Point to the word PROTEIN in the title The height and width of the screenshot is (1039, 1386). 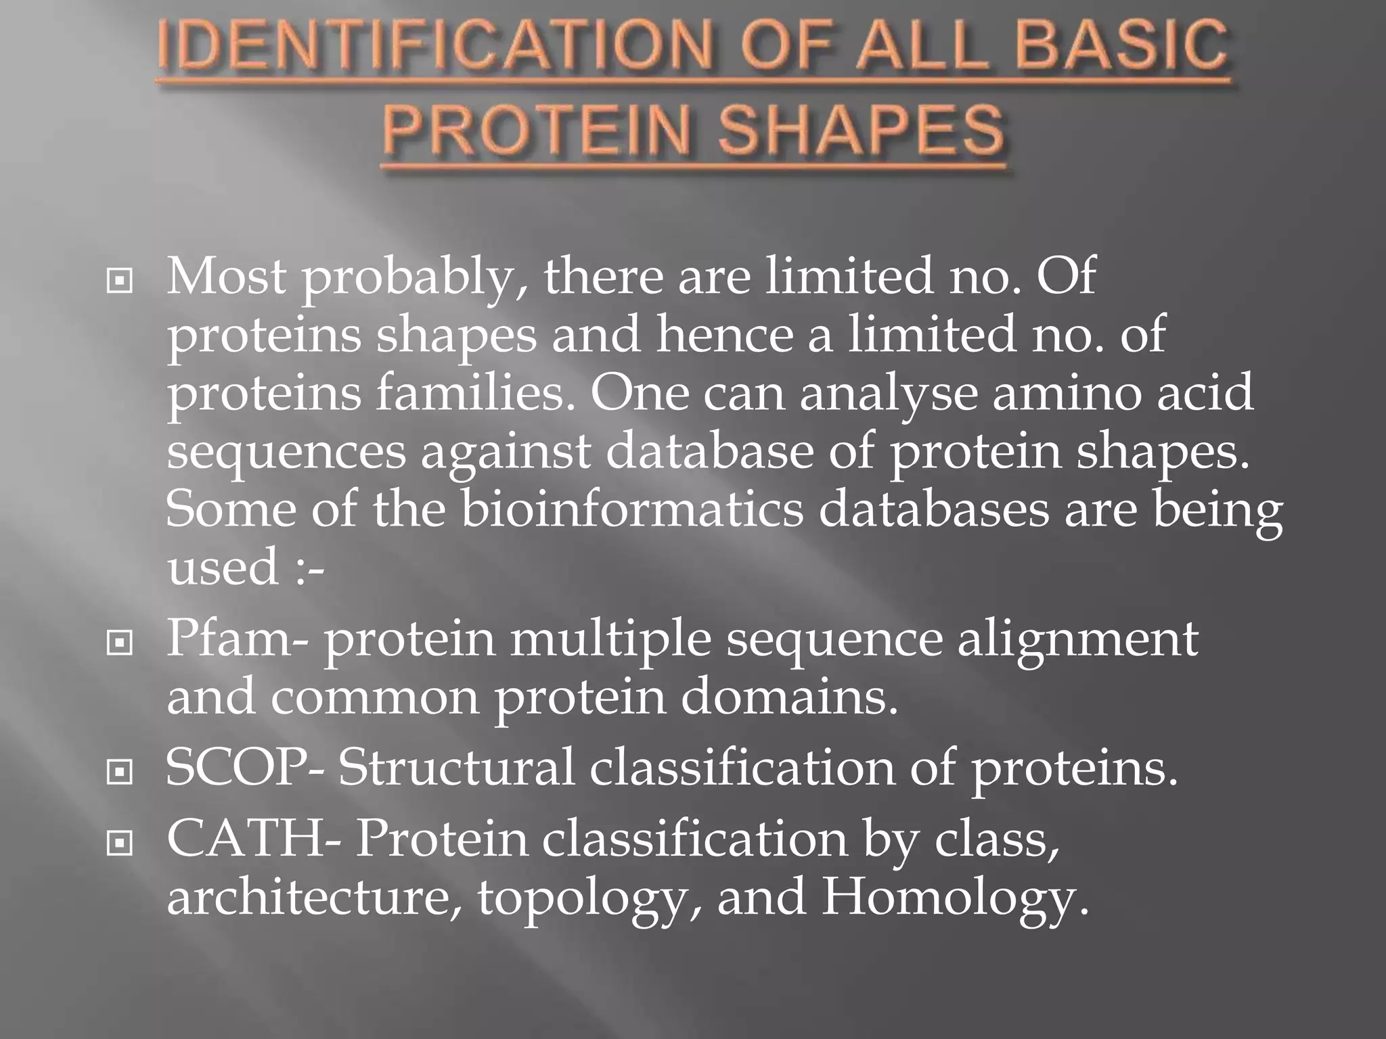tap(538, 130)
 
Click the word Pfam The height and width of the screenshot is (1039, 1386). tap(230, 639)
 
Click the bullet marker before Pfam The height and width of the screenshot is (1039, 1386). tap(120, 643)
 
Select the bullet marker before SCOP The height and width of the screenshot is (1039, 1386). tap(120, 771)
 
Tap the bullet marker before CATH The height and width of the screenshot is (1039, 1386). tap(120, 843)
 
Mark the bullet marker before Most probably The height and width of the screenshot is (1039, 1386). tap(120, 280)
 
